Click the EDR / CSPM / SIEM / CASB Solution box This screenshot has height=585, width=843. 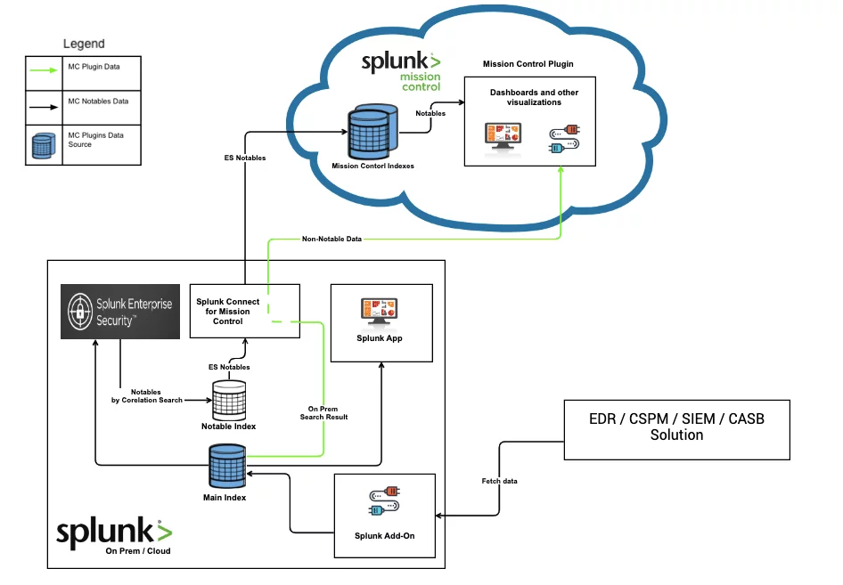tap(676, 429)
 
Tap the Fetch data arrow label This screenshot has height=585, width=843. tap(499, 481)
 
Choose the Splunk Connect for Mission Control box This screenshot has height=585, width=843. tap(245, 311)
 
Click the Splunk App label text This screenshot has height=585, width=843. tap(381, 337)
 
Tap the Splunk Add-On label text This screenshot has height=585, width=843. tap(385, 535)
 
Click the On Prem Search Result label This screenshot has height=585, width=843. tap(323, 412)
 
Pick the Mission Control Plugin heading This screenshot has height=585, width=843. tap(528, 64)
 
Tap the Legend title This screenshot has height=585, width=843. tap(84, 44)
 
